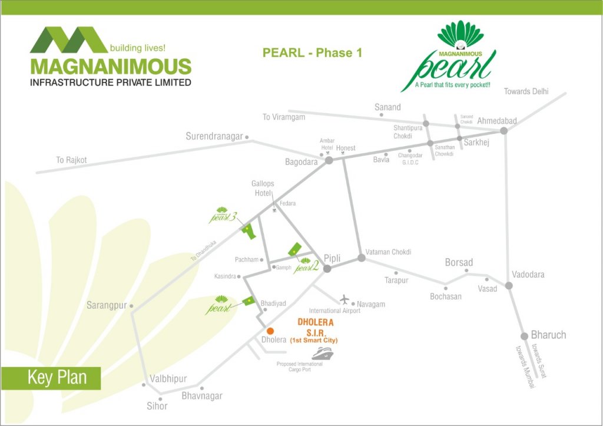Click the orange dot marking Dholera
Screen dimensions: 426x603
270,331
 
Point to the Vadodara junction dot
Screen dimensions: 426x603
509,286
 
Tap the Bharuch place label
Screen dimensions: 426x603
548,335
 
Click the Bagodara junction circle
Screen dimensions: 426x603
329,160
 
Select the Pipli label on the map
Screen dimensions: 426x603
332,257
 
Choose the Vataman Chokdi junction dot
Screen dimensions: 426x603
361,258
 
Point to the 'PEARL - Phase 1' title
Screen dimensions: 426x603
312,53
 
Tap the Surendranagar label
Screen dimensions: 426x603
214,136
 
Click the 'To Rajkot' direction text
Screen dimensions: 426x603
71,160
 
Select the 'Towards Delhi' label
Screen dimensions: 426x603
526,91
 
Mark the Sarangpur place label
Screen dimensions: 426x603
107,305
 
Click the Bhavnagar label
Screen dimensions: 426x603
202,396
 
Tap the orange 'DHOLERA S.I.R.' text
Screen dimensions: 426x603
316,328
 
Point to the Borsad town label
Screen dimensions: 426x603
459,262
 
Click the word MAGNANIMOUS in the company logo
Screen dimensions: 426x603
111,66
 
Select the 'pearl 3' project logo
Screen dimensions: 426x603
224,216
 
